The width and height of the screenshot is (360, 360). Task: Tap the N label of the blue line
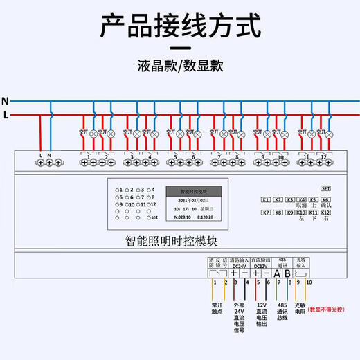(x=5, y=100)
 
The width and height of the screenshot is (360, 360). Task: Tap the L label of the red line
(x=6, y=114)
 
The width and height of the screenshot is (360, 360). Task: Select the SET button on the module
(x=326, y=188)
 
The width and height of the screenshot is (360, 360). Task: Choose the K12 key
(x=325, y=213)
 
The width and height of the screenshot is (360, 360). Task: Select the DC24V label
(x=239, y=266)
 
